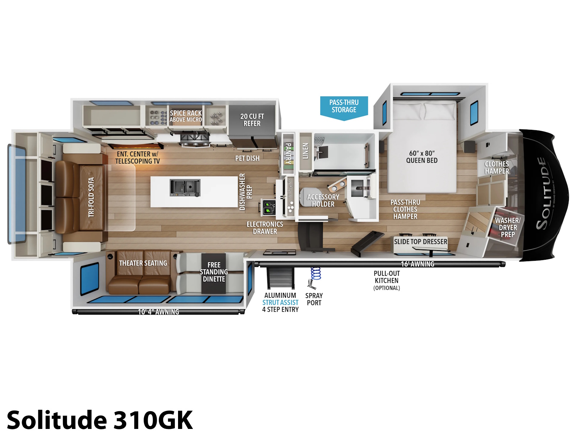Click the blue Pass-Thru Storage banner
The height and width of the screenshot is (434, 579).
pyautogui.click(x=344, y=107)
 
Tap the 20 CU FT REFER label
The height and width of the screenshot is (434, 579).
pyautogui.click(x=252, y=120)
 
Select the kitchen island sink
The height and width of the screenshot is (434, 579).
pyautogui.click(x=185, y=188)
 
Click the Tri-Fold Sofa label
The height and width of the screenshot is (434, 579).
pyautogui.click(x=91, y=197)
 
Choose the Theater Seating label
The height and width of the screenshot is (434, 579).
pyautogui.click(x=143, y=263)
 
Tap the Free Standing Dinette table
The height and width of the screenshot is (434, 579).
pyautogui.click(x=214, y=273)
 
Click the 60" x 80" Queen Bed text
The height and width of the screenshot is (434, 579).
pyautogui.click(x=422, y=157)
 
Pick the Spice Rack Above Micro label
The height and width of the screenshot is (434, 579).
pyautogui.click(x=186, y=116)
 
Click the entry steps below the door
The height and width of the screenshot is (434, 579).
pyautogui.click(x=280, y=278)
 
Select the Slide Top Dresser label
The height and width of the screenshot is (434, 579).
pyautogui.click(x=420, y=242)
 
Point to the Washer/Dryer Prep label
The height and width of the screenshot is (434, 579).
pyautogui.click(x=507, y=227)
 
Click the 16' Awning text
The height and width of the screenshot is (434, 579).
pyautogui.click(x=418, y=264)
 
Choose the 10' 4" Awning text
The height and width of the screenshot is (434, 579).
pyautogui.click(x=159, y=312)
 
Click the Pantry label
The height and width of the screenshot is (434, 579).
pyautogui.click(x=288, y=153)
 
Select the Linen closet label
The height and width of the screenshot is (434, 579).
pyautogui.click(x=305, y=151)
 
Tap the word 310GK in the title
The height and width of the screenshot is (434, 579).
pyautogui.click(x=153, y=420)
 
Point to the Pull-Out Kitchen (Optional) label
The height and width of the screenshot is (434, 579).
pyautogui.click(x=387, y=281)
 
